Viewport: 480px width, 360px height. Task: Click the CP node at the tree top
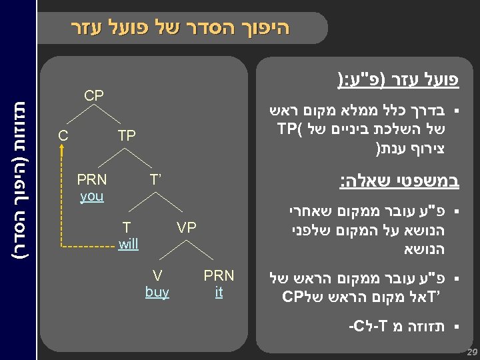pos(94,96)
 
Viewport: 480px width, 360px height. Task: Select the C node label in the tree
pos(63,136)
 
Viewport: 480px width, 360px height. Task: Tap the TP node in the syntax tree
pos(127,136)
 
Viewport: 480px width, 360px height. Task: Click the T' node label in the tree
pos(156,179)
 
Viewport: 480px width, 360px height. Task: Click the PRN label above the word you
pos(91,179)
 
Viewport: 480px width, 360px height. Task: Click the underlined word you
pos(91,197)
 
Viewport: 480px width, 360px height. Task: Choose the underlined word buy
pos(157,291)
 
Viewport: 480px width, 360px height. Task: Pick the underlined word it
pos(219,291)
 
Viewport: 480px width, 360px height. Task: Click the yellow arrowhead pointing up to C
pos(62,151)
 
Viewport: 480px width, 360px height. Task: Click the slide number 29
pos(472,351)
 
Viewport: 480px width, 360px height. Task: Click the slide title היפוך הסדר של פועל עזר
pos(180,28)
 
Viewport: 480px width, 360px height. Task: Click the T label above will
pos(127,227)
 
